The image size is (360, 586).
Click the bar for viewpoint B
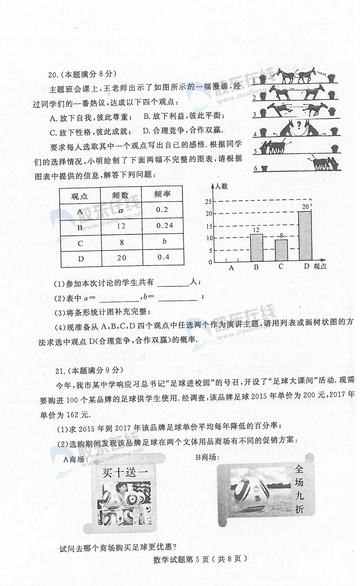(256, 248)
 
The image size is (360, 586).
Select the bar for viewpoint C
(281, 251)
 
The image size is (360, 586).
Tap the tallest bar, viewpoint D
(305, 237)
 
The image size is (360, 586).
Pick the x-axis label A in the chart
(231, 268)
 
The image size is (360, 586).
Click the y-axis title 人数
(221, 186)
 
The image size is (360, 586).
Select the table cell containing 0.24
(164, 226)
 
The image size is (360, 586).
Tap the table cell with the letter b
(164, 242)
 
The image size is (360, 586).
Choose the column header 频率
(162, 194)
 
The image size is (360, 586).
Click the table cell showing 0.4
(163, 257)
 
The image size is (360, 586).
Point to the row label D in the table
(81, 258)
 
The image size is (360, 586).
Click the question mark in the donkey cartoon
(298, 127)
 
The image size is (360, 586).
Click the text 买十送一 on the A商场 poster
(125, 472)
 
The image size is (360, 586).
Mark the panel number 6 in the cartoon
(255, 168)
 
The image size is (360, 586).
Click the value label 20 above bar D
(306, 206)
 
